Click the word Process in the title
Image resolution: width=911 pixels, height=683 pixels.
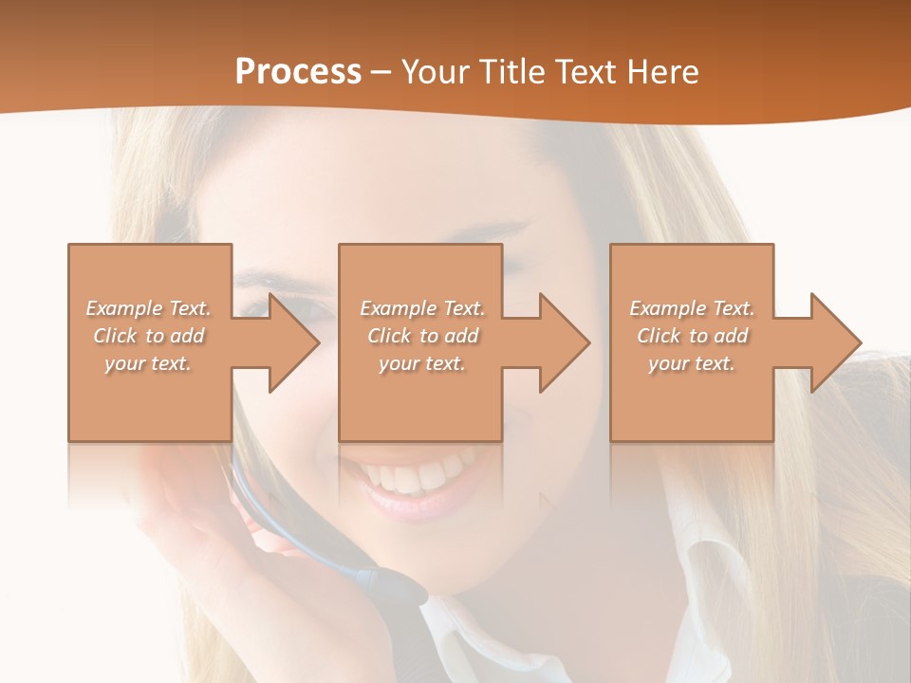298,72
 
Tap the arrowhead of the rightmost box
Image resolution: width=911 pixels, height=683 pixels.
834,342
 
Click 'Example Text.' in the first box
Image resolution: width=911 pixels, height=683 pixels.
148,308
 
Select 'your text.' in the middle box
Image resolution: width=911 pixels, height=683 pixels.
421,363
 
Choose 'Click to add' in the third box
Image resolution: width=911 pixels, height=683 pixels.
693,336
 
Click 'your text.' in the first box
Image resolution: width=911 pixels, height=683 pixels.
148,363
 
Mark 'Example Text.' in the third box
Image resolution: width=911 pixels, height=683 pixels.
692,308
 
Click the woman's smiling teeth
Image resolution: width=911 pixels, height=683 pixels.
418,474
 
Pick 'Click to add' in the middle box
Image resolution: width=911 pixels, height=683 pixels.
422,336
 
